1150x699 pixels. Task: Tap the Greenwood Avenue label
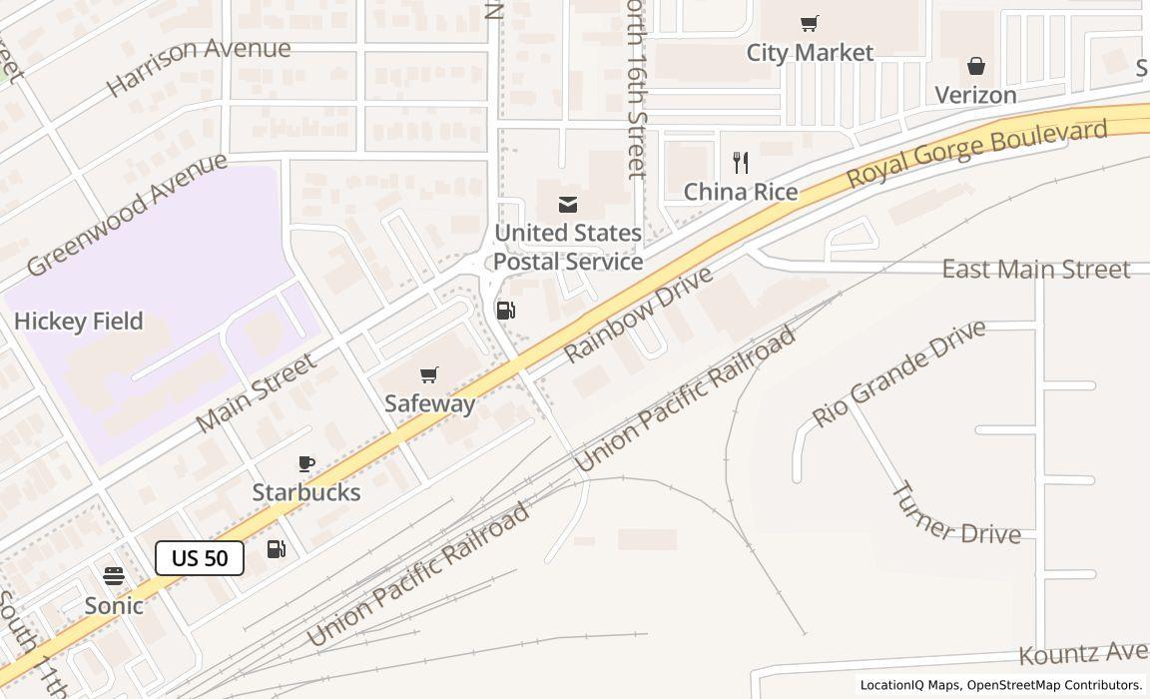pos(127,214)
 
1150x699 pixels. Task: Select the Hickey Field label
pos(79,322)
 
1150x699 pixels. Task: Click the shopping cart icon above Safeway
pos(429,375)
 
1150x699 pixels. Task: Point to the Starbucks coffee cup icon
pos(306,464)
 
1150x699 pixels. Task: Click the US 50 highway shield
pos(200,558)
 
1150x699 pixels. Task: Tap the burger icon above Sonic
pos(114,577)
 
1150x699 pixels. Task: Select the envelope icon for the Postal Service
pos(568,205)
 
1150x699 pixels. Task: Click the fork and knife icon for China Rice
pos(741,163)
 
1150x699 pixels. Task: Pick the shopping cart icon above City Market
pos(810,24)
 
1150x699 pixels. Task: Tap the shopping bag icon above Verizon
pos(976,67)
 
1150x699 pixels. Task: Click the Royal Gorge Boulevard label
pos(977,154)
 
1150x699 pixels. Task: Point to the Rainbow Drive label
pos(639,315)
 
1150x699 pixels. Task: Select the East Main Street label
pos(1036,270)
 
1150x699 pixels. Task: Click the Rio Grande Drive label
pos(898,372)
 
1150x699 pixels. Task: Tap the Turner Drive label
pos(954,514)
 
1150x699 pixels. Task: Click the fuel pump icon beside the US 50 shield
pos(277,549)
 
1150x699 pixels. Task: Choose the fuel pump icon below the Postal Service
pos(506,311)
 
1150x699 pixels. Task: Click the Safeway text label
pos(430,403)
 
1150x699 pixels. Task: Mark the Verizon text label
pos(975,95)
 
